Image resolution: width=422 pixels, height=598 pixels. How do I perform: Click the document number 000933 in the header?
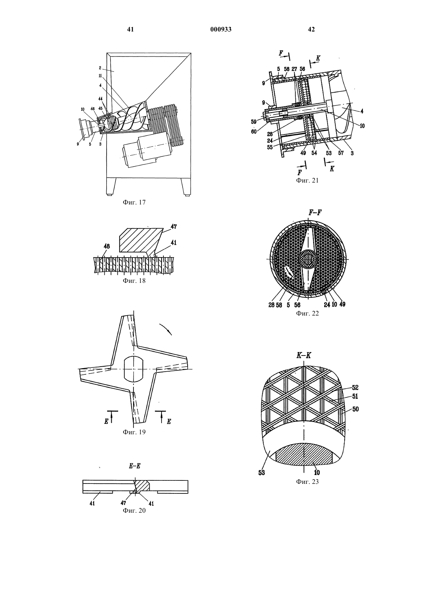pos(221,29)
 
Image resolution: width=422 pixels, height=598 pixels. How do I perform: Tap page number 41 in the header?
pos(130,29)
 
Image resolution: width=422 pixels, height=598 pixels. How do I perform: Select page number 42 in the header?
pos(311,29)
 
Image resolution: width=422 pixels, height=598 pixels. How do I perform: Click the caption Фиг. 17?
pos(134,202)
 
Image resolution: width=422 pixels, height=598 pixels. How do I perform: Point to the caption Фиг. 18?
pos(134,281)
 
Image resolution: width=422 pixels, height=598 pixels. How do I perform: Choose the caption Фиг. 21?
pos(307,180)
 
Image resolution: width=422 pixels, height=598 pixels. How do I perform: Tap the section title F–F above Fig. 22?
pos(315,213)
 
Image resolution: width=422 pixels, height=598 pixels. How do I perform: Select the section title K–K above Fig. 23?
pos(304,355)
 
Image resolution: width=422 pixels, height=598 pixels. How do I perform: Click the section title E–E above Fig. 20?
pos(135,466)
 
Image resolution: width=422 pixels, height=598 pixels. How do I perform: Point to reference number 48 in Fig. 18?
pos(107,246)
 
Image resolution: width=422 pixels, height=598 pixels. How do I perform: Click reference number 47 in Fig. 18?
pos(174,227)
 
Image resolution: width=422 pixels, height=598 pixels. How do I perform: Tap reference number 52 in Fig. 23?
pos(355,387)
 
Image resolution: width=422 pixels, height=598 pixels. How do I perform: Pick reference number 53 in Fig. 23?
pos(262,473)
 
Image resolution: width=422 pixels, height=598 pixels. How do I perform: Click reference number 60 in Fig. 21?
pos(254,131)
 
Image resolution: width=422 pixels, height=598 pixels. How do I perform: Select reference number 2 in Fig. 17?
pos(100,68)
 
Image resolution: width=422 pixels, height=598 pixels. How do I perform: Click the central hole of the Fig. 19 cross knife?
pos(134,369)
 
